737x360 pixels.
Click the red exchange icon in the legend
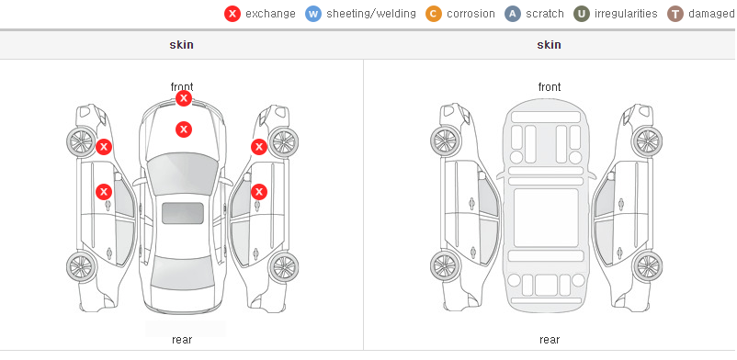(232, 14)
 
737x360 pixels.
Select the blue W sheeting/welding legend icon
(313, 14)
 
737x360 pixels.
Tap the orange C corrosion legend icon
(434, 14)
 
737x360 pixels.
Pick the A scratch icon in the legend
(513, 14)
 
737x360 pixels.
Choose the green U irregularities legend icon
(582, 14)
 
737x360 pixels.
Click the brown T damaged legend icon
(675, 14)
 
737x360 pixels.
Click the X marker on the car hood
(184, 129)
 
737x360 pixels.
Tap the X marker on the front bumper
(184, 98)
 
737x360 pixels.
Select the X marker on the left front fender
(104, 147)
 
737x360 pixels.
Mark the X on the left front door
(104, 192)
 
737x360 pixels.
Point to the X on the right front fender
(259, 147)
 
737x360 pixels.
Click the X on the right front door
(259, 192)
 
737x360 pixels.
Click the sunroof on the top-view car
(183, 213)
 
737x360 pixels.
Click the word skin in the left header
(181, 45)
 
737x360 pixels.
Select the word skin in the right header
(549, 45)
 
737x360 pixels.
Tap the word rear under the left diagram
(182, 340)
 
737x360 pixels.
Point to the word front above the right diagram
(550, 87)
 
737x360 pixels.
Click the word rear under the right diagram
(550, 340)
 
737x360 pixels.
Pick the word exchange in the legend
(270, 14)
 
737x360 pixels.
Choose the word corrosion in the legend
(471, 14)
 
